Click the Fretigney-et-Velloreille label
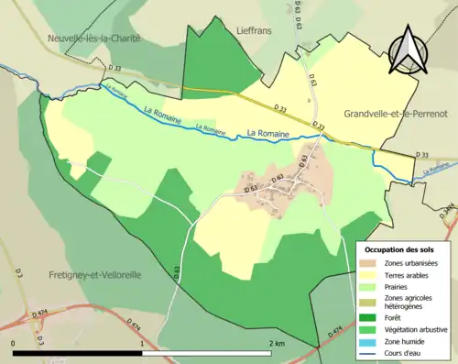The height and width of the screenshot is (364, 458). coord(90,275)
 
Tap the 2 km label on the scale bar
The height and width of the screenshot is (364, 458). coord(276,343)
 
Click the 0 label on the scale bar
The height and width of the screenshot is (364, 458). coord(14,343)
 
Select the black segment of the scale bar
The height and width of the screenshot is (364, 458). coord(79,353)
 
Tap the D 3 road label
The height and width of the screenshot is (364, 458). coord(17,274)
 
